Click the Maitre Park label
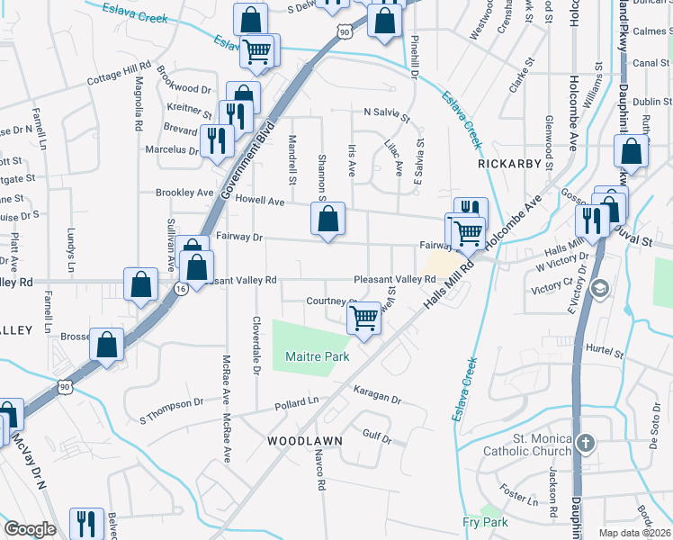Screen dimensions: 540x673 [x=317, y=356]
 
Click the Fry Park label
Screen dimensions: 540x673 [x=485, y=522]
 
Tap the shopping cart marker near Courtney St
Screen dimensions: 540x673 [x=363, y=317]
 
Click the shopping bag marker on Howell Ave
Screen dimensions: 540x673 [x=328, y=218]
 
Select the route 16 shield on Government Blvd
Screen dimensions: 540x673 [x=181, y=289]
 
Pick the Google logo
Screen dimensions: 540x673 [x=30, y=529]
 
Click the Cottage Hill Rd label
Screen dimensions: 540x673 [x=119, y=74]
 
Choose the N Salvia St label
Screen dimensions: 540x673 [x=386, y=113]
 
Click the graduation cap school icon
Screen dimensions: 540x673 [x=598, y=288]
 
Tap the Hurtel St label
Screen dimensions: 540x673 [x=604, y=350]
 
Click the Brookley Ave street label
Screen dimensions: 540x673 [x=184, y=193]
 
